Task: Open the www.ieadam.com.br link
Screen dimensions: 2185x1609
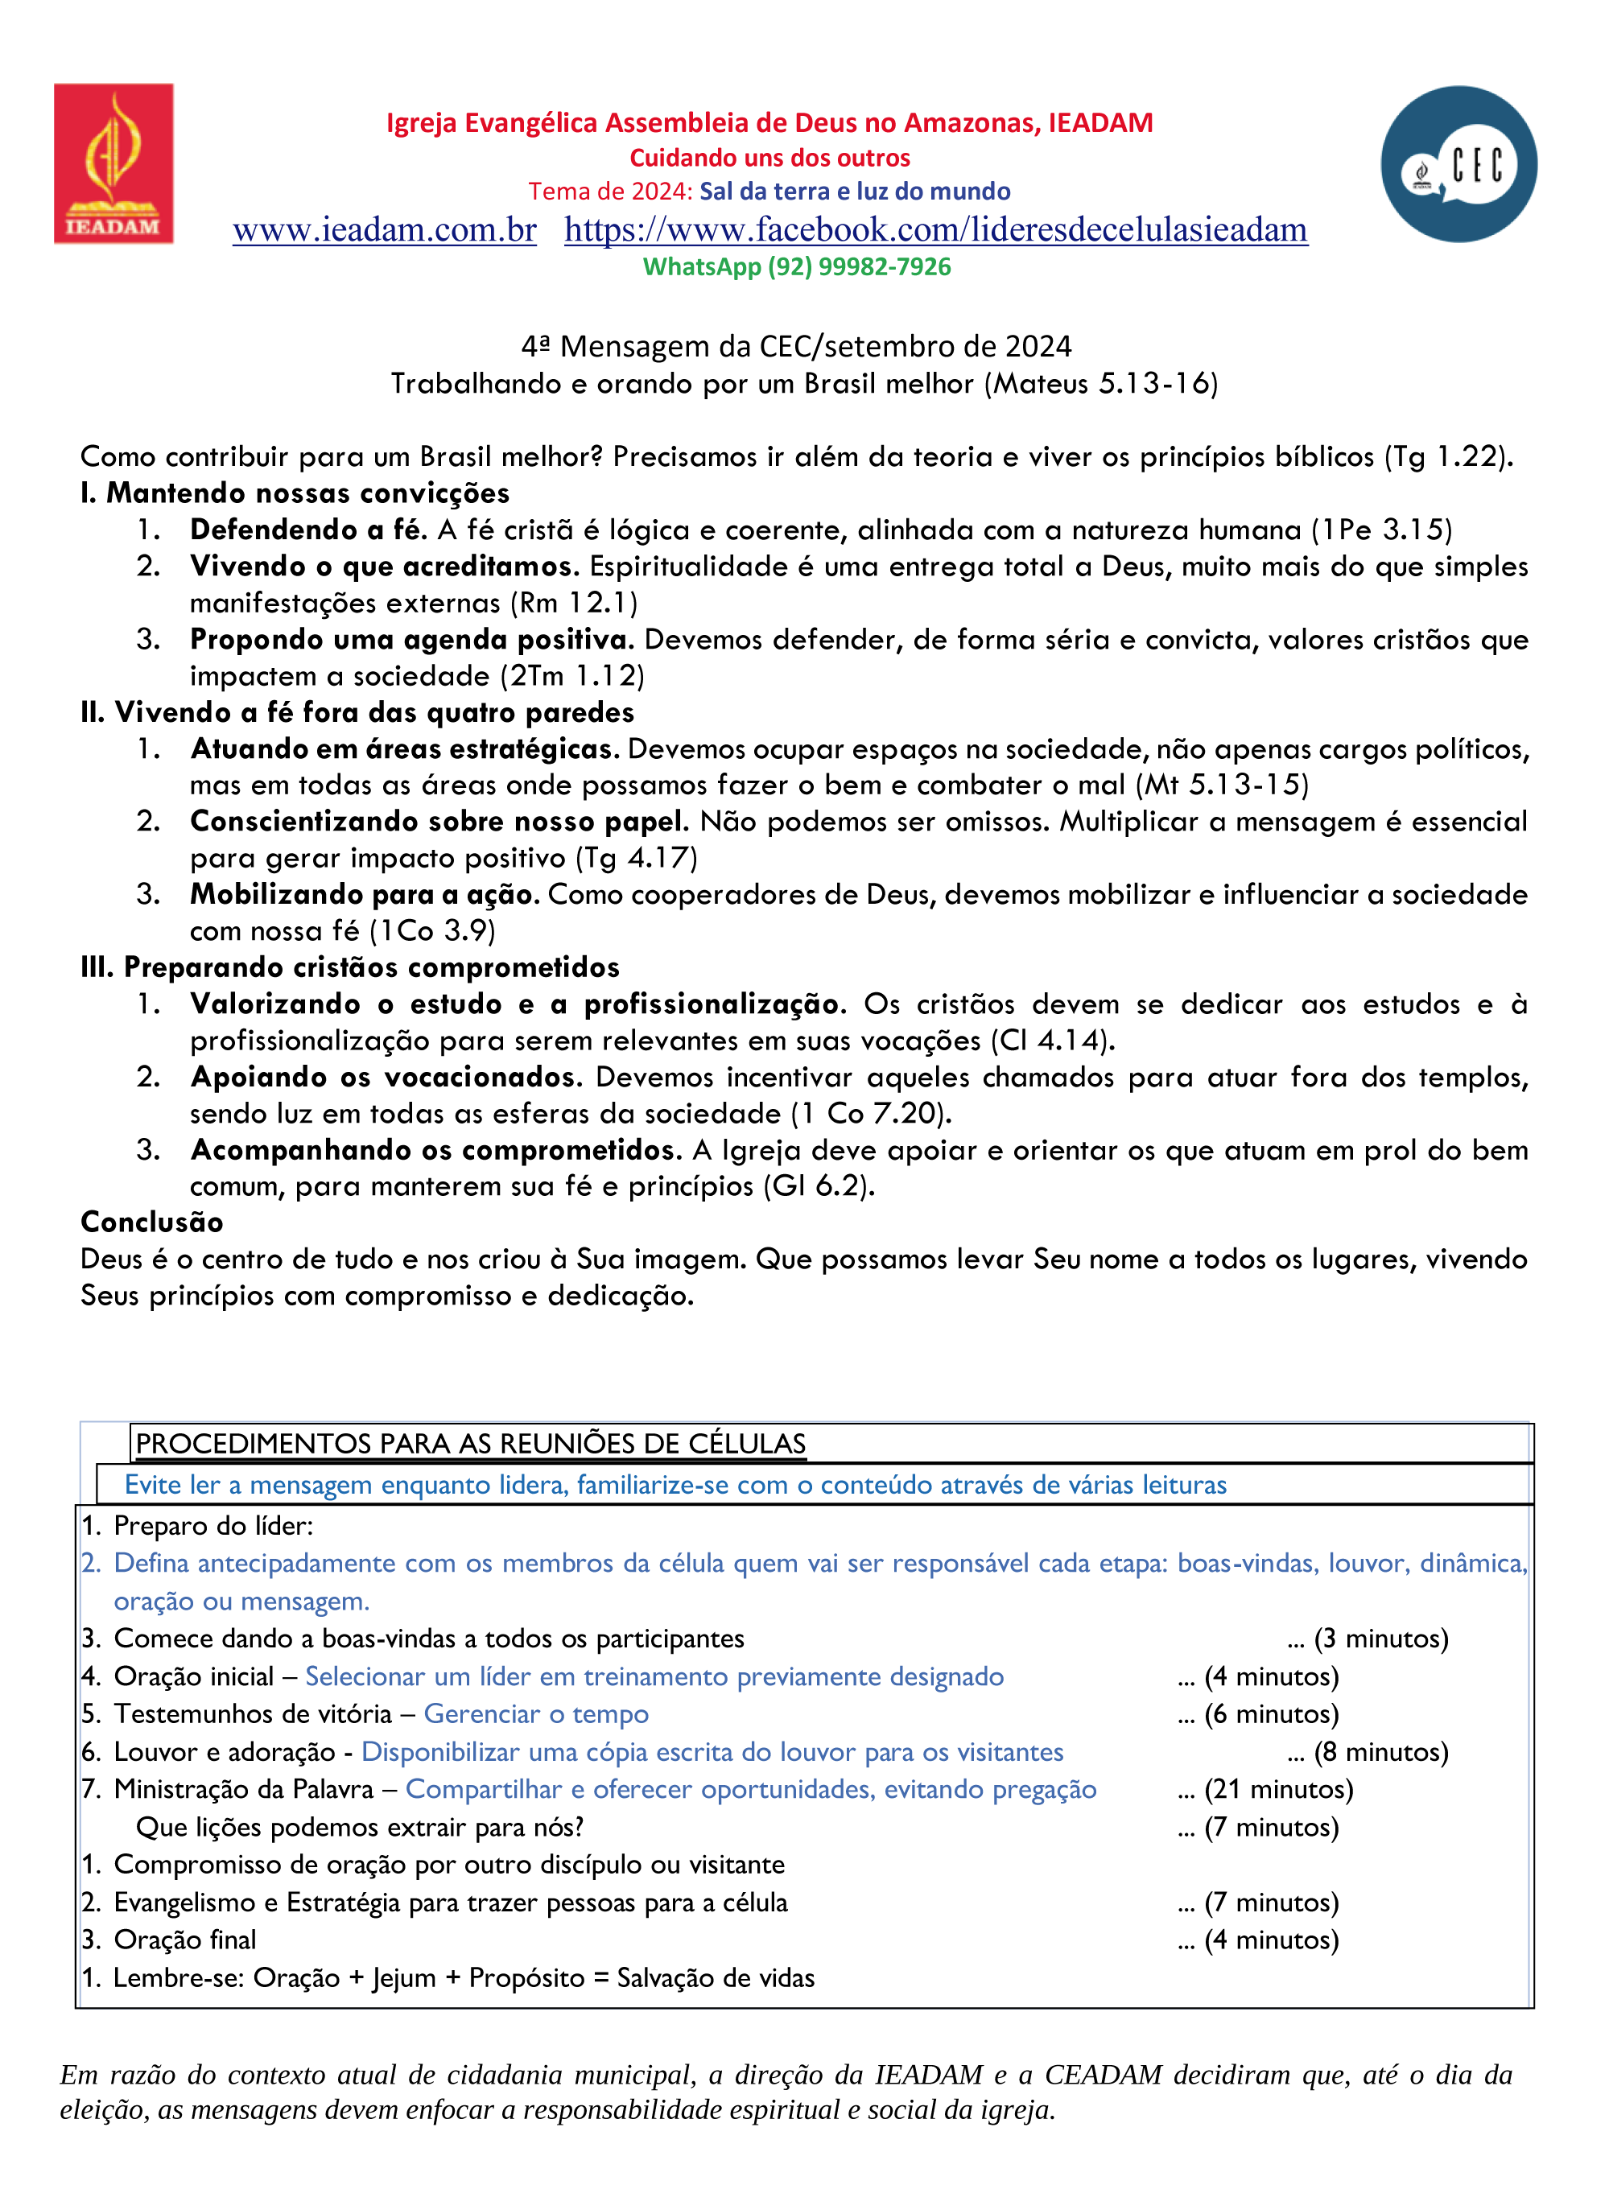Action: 385,230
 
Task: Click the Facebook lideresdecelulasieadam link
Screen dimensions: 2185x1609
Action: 935,230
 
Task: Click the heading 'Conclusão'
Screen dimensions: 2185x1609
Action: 152,1222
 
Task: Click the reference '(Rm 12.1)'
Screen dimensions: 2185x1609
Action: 574,603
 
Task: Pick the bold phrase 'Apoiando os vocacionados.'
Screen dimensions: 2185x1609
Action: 386,1077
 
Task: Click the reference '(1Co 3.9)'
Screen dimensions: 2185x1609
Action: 431,931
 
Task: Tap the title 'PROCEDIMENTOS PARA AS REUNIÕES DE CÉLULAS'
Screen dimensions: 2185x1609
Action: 470,1443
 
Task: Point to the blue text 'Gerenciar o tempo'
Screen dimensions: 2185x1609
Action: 536,1713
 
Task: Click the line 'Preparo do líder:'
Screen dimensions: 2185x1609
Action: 213,1526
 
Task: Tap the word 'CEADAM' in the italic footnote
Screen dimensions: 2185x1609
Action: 1103,2075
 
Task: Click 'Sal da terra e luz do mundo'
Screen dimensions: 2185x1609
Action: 854,191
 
